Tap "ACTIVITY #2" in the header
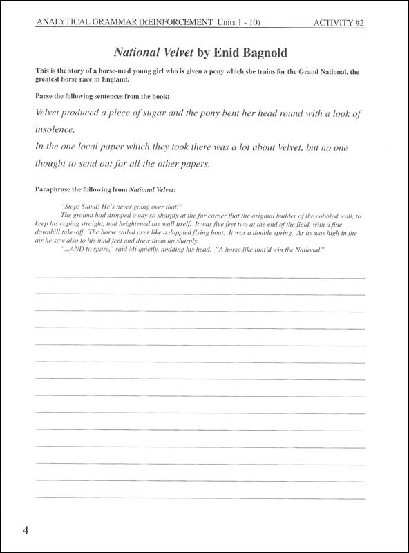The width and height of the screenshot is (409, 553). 339,23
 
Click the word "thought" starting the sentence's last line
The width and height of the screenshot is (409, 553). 53,165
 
